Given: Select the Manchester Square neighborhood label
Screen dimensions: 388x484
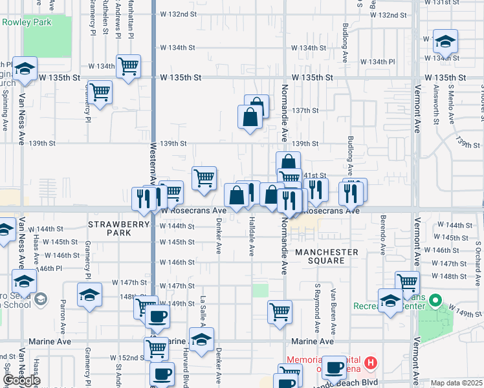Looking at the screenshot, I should pos(327,256).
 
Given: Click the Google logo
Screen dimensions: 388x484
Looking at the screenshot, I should pos(21,381).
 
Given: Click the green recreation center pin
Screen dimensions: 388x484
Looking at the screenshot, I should pos(435,301).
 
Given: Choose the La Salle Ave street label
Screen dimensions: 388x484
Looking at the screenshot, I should pos(203,308).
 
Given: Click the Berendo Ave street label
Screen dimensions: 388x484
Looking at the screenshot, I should pos(382,230).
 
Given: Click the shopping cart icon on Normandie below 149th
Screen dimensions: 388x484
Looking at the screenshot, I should pos(280,311).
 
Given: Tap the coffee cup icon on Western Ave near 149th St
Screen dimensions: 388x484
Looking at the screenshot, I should pos(157,317).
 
